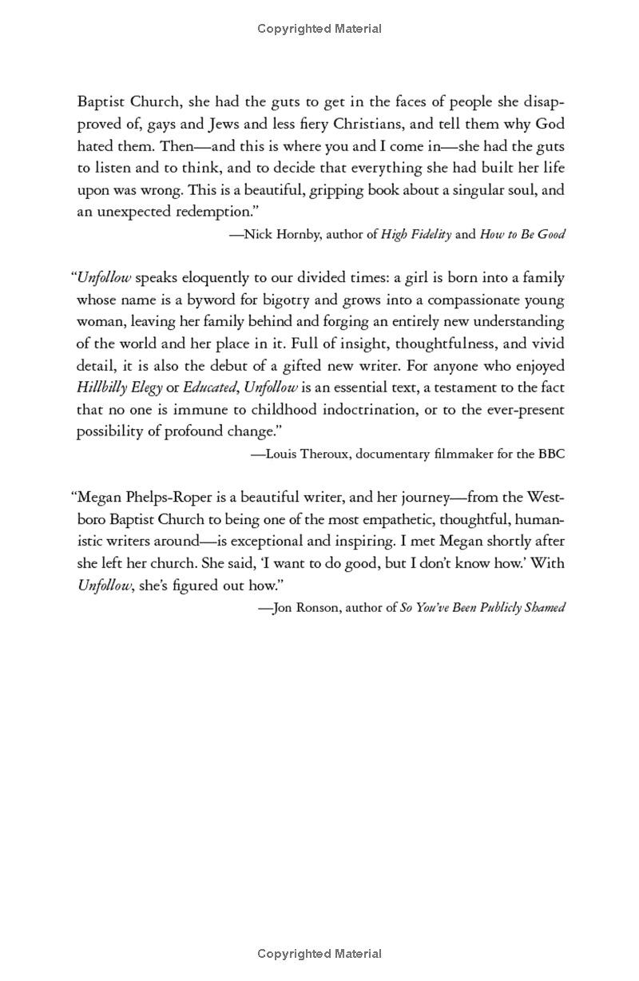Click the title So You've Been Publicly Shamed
point(482,607)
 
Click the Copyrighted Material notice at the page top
point(319,29)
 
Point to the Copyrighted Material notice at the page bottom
point(319,953)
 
